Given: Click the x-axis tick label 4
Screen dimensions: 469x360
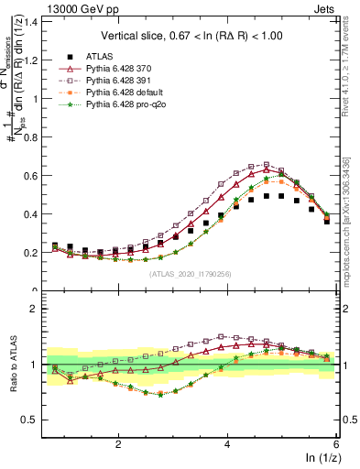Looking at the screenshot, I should tap(227, 442).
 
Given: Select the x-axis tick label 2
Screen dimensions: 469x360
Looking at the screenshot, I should tap(118, 442).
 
